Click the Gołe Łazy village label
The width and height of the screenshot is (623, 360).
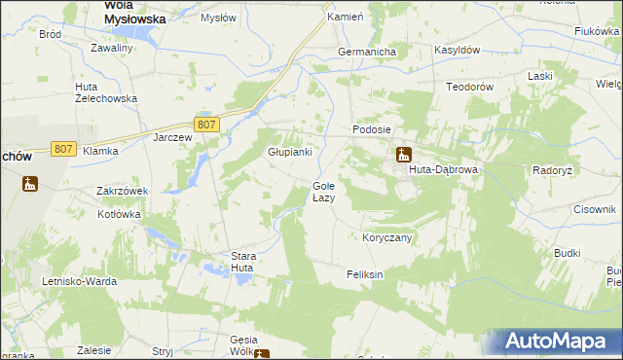[323, 192]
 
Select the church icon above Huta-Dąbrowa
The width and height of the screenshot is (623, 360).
[403, 154]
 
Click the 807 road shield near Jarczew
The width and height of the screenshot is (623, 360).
[205, 125]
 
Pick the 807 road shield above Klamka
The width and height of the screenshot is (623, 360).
[63, 148]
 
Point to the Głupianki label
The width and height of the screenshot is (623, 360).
[289, 152]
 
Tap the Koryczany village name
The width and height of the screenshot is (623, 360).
[387, 237]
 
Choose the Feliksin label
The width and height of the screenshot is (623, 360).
[365, 275]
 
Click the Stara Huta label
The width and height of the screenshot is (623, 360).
[242, 262]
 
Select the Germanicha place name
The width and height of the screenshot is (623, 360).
[364, 52]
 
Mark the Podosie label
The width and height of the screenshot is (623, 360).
[371, 129]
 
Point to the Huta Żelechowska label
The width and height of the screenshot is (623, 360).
[106, 92]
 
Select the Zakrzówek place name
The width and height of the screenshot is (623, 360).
[122, 192]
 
